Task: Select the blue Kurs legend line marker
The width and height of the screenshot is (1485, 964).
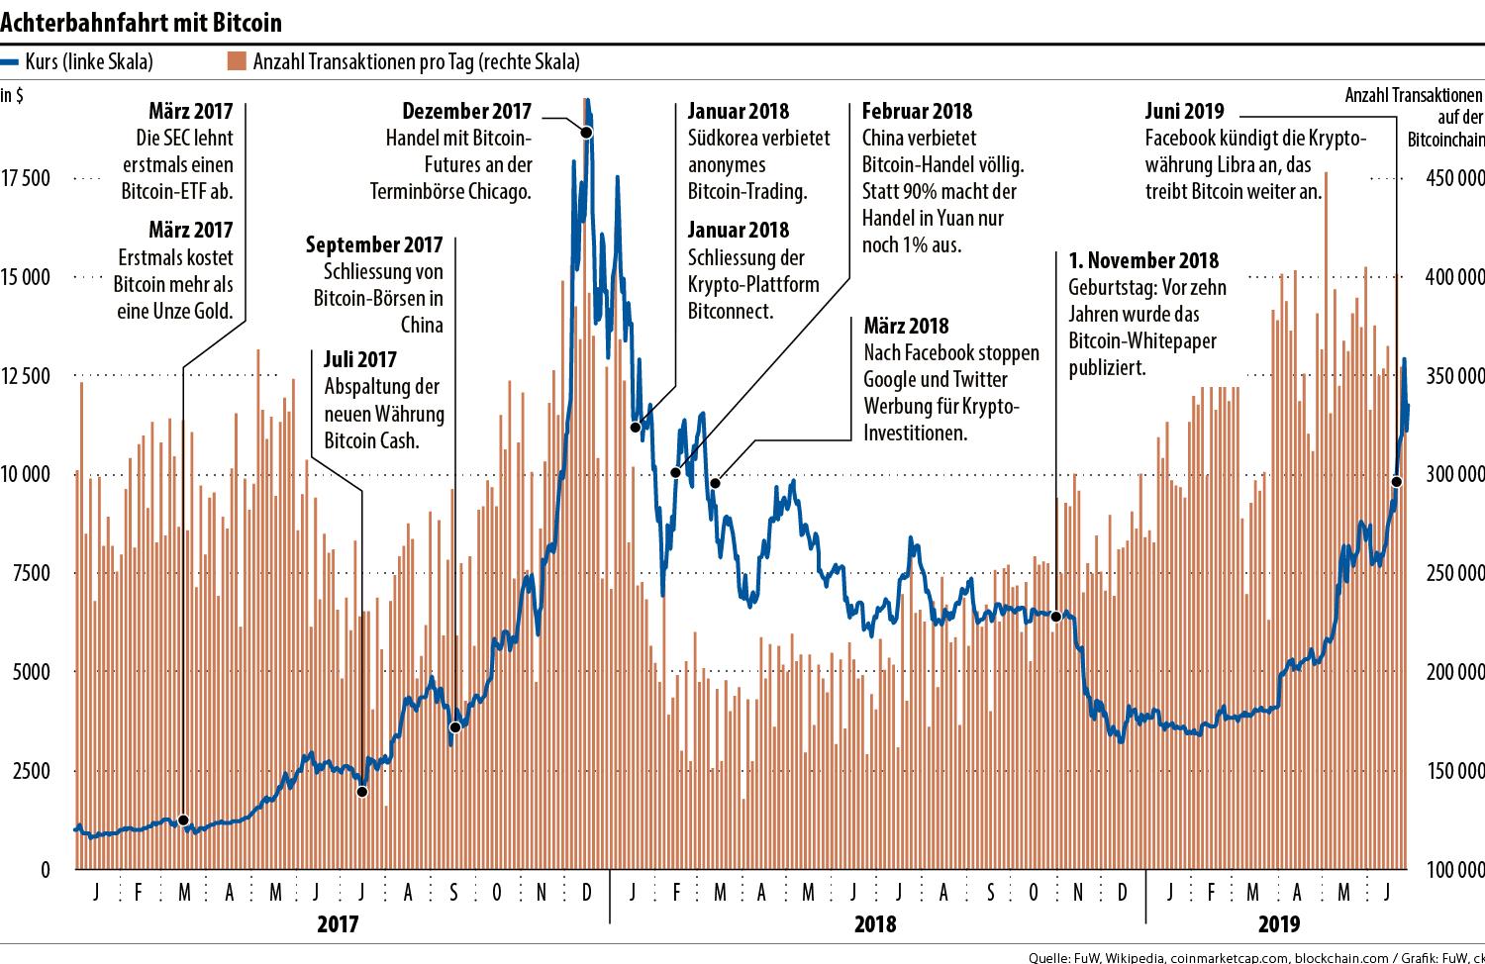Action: click(11, 61)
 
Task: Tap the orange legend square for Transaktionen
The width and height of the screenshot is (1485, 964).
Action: click(236, 61)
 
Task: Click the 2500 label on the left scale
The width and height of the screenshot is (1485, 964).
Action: click(31, 771)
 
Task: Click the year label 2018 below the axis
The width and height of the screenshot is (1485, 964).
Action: click(874, 924)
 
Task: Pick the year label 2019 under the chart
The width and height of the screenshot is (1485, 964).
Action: click(1278, 924)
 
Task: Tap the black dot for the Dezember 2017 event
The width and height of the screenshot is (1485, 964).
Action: click(586, 133)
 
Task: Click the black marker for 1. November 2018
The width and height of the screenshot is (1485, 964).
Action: click(1055, 617)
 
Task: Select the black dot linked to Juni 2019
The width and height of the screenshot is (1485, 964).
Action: click(1396, 482)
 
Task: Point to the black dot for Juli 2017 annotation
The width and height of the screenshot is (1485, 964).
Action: click(362, 791)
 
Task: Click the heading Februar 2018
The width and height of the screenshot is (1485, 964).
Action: click(917, 111)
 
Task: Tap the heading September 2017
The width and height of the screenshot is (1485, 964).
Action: click(374, 243)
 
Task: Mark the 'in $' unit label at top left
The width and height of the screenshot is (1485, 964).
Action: click(13, 96)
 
